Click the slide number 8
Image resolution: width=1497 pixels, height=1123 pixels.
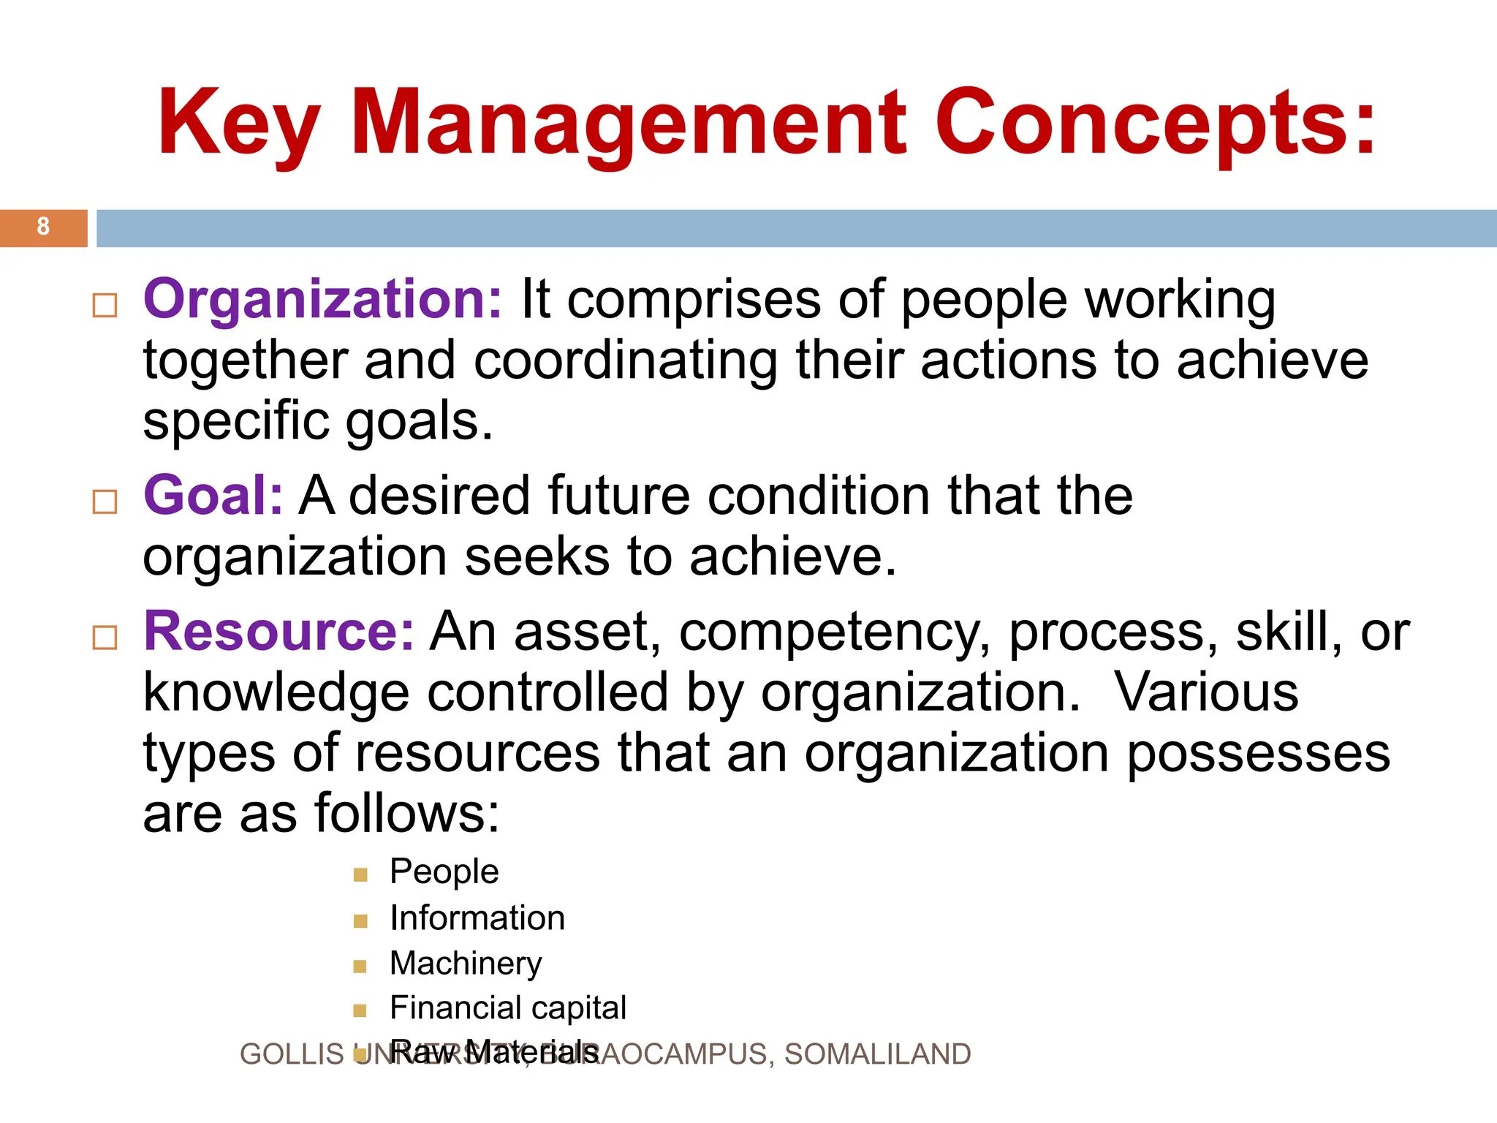pos(43,227)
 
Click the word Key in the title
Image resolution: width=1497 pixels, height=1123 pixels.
pos(238,124)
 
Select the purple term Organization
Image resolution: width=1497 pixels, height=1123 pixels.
pos(322,300)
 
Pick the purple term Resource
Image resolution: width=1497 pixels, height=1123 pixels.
pos(278,632)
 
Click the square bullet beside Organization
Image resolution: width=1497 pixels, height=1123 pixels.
pos(105,306)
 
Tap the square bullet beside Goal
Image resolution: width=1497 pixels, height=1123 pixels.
pos(105,502)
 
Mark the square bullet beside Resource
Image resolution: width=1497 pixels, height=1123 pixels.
pos(105,638)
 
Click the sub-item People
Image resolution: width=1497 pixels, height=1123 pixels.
pos(444,871)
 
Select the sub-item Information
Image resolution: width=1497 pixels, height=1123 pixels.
pos(477,918)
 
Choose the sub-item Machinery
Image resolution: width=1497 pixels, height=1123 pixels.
pos(466,964)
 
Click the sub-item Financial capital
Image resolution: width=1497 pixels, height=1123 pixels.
pos(508,1008)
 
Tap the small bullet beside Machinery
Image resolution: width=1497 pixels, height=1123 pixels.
pos(360,967)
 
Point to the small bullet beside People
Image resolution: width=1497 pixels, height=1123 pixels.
pos(360,875)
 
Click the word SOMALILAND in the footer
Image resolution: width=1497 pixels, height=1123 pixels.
pos(877,1054)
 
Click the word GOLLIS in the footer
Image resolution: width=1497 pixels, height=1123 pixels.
pos(292,1054)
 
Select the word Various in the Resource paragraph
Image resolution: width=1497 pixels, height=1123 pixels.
pos(1206,692)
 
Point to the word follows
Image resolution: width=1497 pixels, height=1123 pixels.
pos(406,814)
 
